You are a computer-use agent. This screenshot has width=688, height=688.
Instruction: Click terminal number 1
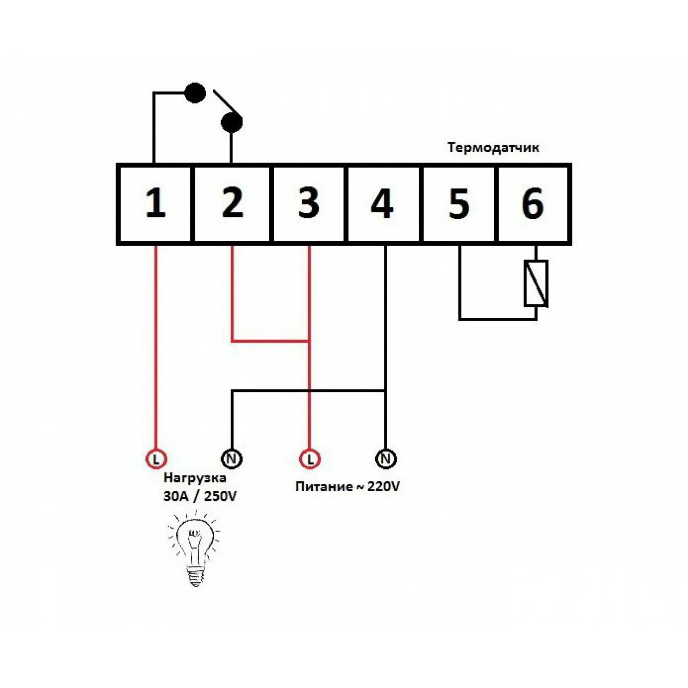point(155,203)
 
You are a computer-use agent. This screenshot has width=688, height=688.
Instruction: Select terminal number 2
point(232,203)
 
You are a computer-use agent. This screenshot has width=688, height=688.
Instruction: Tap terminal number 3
point(308,203)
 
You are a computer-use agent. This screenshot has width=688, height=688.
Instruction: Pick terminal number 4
point(382,203)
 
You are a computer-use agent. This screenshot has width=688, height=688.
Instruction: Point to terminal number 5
point(459,203)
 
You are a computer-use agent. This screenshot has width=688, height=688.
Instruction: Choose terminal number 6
point(533,203)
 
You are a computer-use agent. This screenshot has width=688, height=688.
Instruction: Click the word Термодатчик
point(493,148)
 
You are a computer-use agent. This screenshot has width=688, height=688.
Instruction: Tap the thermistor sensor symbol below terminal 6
point(536,283)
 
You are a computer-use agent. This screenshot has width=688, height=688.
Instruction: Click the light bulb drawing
point(195,548)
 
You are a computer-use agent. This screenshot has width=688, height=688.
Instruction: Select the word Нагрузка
point(194,478)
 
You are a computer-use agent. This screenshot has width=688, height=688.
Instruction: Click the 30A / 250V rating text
point(200,496)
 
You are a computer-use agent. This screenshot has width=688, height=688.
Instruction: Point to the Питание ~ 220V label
point(347,487)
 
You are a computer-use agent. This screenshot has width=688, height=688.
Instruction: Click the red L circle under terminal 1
point(156,459)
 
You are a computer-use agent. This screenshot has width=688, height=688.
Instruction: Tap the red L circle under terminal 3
point(310,459)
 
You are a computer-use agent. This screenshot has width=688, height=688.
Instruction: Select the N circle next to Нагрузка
point(232,459)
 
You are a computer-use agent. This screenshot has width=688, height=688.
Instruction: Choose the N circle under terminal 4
point(386,459)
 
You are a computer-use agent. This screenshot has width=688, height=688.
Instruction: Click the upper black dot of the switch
point(195,93)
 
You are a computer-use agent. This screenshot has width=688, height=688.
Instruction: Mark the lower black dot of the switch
point(232,122)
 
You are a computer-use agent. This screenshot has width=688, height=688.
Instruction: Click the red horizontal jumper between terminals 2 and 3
point(271,341)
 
